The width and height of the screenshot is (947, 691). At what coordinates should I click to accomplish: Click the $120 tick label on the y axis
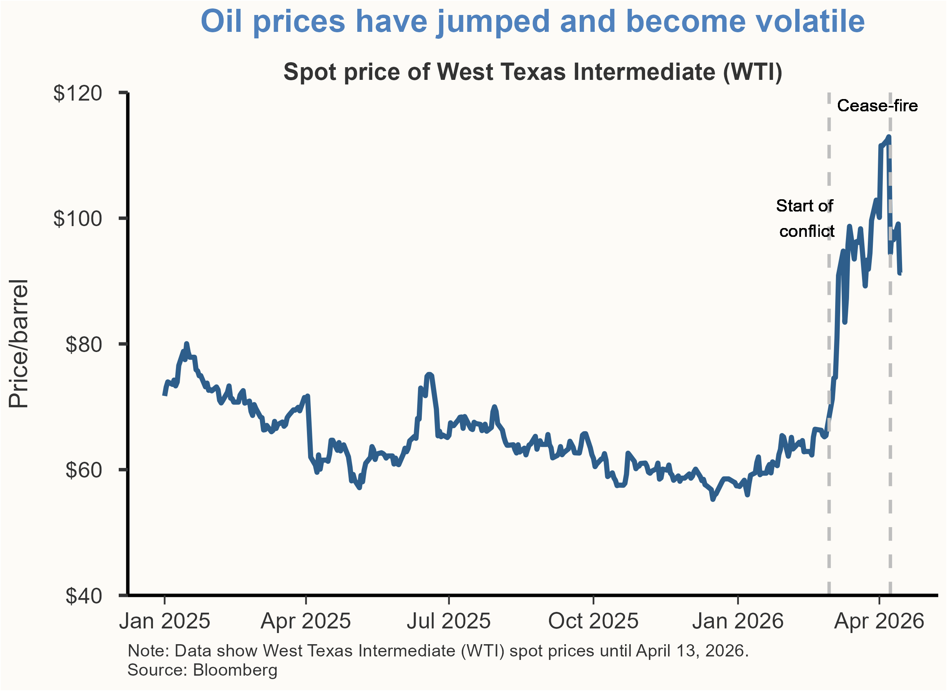[x=78, y=93]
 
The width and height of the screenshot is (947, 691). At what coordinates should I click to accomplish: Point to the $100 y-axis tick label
[x=78, y=218]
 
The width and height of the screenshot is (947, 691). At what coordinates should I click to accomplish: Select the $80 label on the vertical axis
[x=84, y=344]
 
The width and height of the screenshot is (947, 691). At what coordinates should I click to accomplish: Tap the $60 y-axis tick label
[x=84, y=470]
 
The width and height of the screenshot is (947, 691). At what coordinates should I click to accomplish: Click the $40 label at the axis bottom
[x=84, y=596]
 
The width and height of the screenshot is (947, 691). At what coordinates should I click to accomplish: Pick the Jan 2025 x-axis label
[x=164, y=622]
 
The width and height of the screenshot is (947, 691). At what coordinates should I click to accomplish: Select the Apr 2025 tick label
[x=305, y=622]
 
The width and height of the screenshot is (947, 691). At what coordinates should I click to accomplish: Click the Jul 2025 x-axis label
[x=449, y=622]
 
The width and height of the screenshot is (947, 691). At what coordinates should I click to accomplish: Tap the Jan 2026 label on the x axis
[x=738, y=622]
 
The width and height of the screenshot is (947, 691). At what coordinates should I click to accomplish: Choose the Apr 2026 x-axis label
[x=879, y=622]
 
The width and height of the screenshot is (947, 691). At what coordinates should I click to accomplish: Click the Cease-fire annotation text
[x=877, y=106]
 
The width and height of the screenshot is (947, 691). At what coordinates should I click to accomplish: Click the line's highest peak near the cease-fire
[x=889, y=137]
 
